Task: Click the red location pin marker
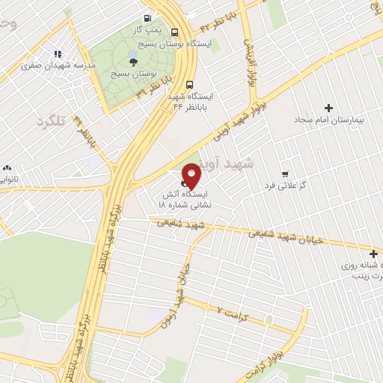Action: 192,175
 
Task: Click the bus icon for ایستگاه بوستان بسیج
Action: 174,32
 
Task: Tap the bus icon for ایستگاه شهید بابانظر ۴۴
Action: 190,85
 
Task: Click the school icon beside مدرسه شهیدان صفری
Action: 57,53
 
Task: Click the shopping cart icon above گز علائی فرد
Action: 284,173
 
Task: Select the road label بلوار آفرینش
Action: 251,61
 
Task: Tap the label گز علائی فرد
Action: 281,184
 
